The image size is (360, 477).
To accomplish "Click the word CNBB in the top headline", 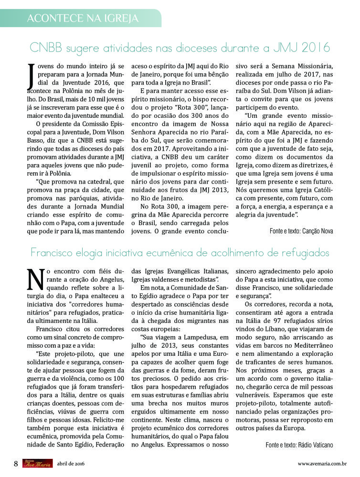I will [47, 48].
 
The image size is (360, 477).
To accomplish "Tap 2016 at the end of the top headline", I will [315, 48].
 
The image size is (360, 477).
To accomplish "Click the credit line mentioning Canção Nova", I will [301, 231].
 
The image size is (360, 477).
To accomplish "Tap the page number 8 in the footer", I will [16, 463].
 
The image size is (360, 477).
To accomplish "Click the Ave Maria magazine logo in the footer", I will [37, 463].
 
